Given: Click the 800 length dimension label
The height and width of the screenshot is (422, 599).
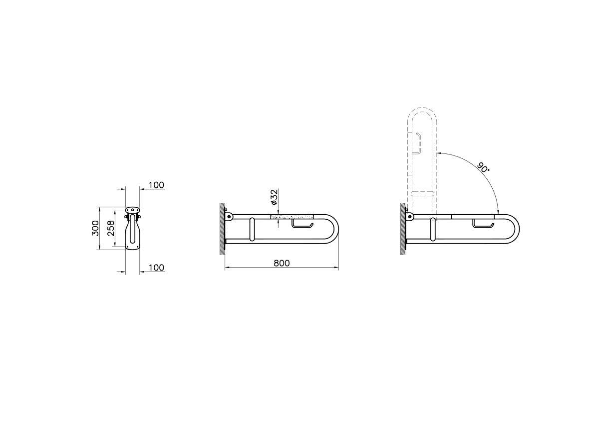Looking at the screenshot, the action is click(x=282, y=263).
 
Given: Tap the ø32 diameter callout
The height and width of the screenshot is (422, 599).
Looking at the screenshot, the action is click(x=275, y=197).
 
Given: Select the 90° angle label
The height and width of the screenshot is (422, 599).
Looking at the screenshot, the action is click(x=483, y=167).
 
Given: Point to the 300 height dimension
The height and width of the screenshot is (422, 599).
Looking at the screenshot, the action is click(x=95, y=228).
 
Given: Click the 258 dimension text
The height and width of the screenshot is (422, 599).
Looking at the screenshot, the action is click(x=111, y=228).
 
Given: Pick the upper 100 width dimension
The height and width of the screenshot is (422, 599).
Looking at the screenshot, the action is click(x=156, y=185).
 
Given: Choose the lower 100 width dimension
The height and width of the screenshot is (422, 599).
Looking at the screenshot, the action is click(x=156, y=268).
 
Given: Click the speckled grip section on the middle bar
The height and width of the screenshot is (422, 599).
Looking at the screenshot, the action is click(x=292, y=216).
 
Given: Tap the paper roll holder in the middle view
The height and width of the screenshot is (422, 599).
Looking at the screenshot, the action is click(x=302, y=224).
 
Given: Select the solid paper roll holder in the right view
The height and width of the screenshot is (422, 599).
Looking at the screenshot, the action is click(x=483, y=224).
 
